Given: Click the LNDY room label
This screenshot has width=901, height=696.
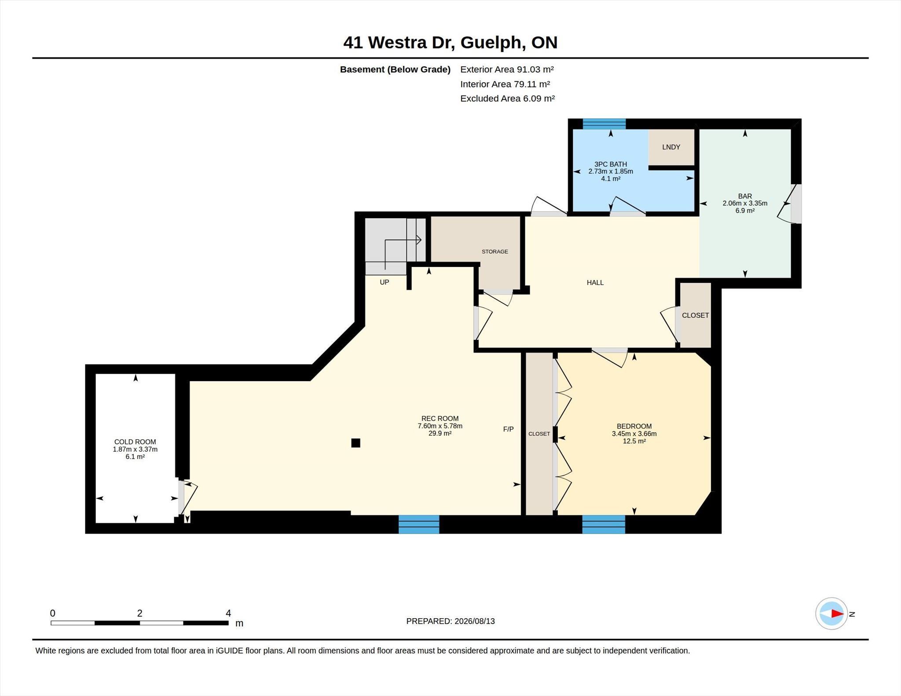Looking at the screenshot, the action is (671, 147).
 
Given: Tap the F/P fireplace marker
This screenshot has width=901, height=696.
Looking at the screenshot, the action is (508, 429).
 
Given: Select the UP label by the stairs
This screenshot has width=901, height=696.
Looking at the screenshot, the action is (385, 282).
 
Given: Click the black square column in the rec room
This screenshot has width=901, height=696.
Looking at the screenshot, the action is (356, 443).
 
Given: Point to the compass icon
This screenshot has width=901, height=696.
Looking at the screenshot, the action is (831, 613).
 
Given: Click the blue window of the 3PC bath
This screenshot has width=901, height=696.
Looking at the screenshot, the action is (604, 124).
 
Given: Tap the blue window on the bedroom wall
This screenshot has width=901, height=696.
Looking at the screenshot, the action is (604, 524).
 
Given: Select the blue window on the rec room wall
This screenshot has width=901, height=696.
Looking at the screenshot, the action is (419, 524).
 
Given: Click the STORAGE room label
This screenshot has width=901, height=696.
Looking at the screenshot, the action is (495, 251).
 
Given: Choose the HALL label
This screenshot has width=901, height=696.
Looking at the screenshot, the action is (595, 283).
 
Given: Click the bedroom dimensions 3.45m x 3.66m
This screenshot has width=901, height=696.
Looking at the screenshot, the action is (634, 434).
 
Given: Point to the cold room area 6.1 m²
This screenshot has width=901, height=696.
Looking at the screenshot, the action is (135, 457).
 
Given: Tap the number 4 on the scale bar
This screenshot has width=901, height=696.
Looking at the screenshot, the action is (228, 613).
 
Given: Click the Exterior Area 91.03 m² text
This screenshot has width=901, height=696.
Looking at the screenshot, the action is (507, 69).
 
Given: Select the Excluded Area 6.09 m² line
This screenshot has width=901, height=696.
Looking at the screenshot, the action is (507, 98).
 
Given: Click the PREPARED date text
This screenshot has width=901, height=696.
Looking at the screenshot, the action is (450, 621).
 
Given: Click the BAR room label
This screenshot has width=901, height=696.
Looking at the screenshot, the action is (745, 196).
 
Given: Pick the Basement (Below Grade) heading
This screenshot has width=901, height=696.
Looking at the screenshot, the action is (395, 69).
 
